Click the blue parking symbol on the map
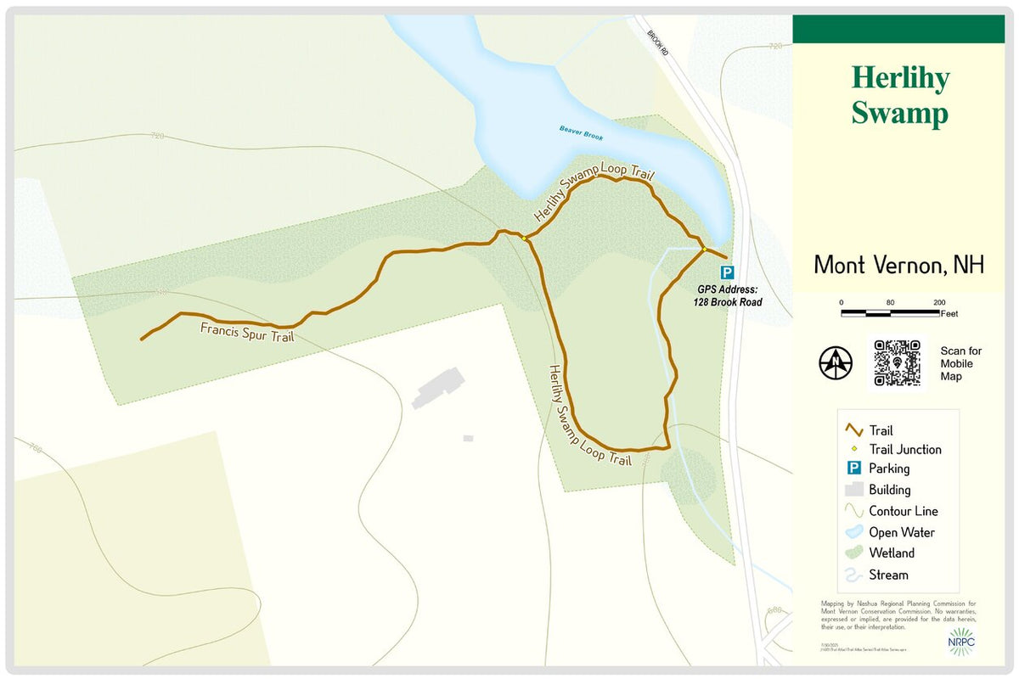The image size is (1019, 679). point(727,272)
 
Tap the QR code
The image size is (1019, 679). point(897,363)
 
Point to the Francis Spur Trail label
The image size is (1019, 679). point(247,331)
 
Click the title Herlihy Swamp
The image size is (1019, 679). point(900,95)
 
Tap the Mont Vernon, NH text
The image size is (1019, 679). point(898,265)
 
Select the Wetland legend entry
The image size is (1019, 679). point(891,553)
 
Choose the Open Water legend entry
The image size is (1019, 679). point(901,532)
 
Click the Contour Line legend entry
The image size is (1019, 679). point(903,511)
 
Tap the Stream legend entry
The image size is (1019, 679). point(888,575)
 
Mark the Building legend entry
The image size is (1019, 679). point(889,490)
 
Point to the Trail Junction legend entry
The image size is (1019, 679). point(904,450)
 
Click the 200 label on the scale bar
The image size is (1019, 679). point(940,303)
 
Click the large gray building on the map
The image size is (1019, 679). point(437,388)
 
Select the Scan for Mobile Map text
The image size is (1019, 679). point(960,363)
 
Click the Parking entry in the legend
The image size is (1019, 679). point(888,469)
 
